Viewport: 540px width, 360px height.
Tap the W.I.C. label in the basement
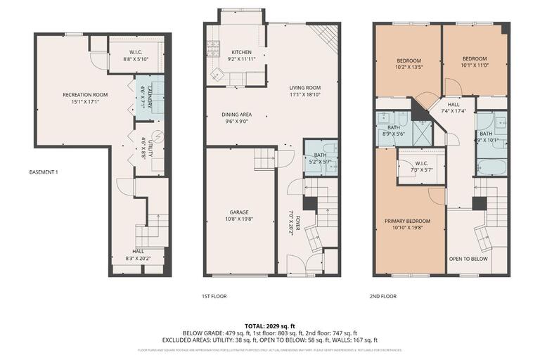click(136, 52)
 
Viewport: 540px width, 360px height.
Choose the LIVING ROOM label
click(305, 88)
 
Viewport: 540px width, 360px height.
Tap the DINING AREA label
click(237, 114)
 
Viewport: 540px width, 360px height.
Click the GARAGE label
click(239, 212)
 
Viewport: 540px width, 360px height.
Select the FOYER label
click(297, 219)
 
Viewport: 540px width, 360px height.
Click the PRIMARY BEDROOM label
click(407, 221)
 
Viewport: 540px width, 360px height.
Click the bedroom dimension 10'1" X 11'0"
click(475, 64)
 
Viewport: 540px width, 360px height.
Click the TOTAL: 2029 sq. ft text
click(269, 326)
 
